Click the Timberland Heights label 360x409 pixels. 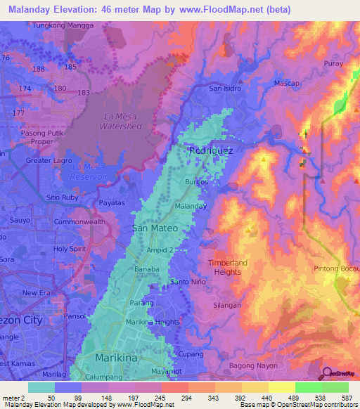(227, 267)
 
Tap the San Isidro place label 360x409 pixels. (226, 89)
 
